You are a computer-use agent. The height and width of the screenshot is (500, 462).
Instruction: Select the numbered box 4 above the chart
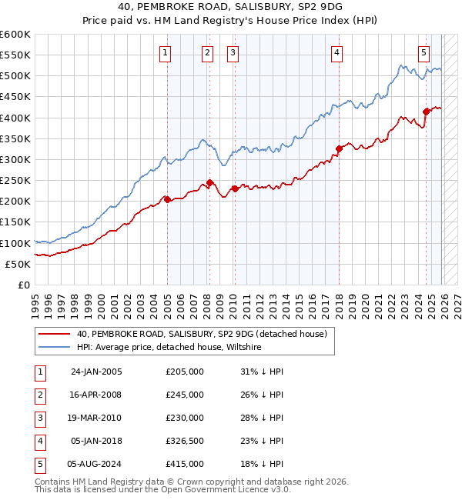pyautogui.click(x=337, y=53)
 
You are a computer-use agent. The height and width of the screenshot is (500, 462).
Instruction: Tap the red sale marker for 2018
pyautogui.click(x=339, y=148)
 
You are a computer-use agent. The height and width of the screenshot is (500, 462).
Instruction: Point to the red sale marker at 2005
pyautogui.click(x=167, y=199)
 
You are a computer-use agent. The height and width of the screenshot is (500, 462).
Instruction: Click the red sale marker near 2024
pyautogui.click(x=426, y=112)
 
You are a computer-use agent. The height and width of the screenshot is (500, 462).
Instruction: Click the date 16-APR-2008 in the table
pyautogui.click(x=96, y=395)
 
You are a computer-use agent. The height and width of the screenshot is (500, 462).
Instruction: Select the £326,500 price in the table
pyautogui.click(x=185, y=441)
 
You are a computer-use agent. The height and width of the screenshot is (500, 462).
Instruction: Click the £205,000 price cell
pyautogui.click(x=185, y=372)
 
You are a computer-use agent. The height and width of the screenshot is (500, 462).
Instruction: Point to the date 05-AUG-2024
pyautogui.click(x=96, y=464)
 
